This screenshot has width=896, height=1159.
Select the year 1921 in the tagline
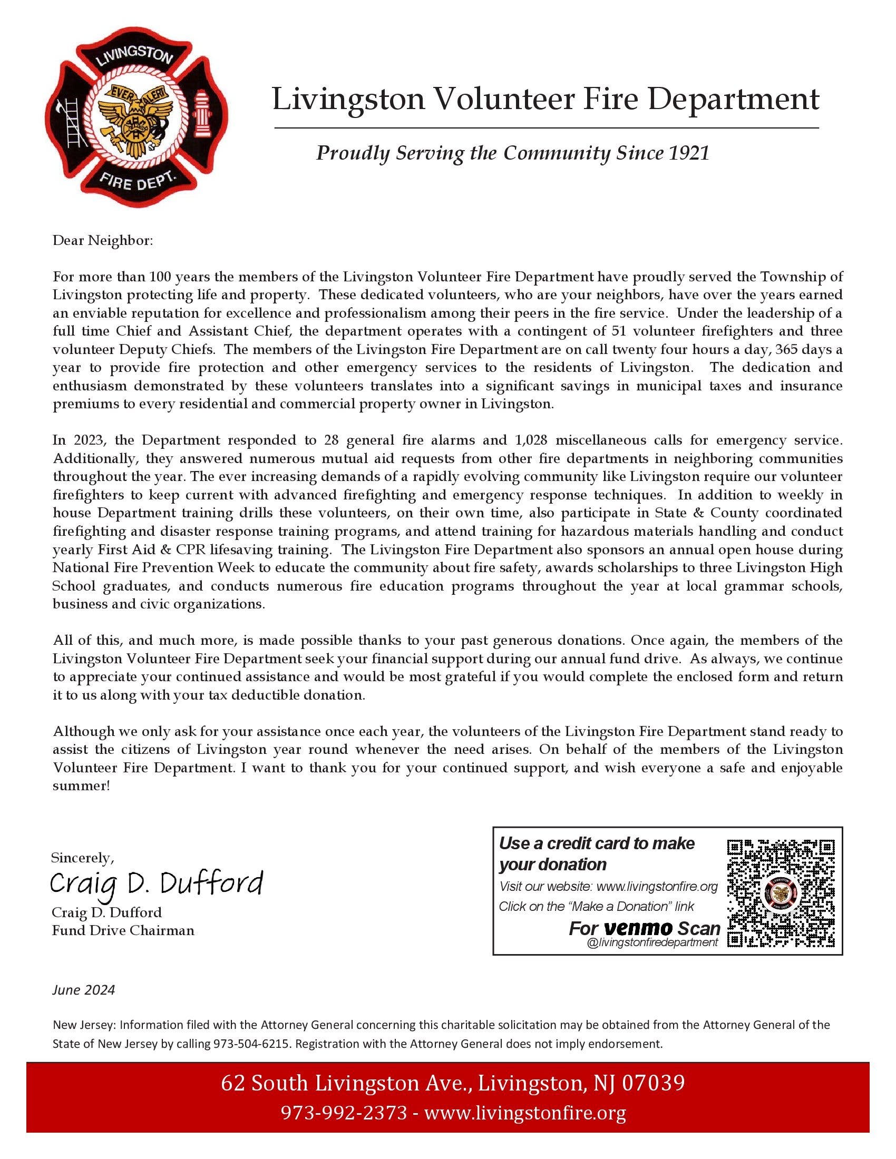(688, 153)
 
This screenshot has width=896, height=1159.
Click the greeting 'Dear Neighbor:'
(102, 240)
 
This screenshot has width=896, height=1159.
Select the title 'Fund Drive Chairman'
(123, 930)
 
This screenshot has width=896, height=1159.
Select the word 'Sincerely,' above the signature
(82, 858)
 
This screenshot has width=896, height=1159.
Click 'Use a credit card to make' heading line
(597, 843)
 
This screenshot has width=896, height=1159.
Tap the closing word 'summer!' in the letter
(81, 786)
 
